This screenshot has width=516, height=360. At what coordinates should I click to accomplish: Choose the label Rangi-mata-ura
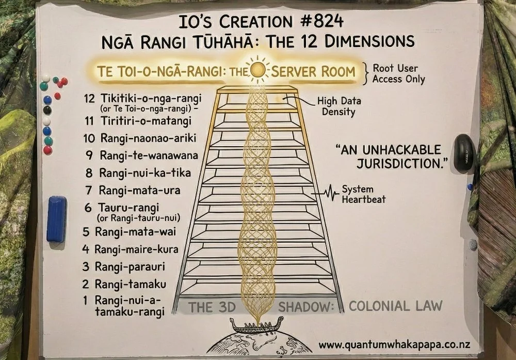coord(137,190)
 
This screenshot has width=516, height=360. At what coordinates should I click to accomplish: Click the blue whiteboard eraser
coord(56,219)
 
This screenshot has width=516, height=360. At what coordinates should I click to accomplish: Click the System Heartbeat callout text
coord(364,194)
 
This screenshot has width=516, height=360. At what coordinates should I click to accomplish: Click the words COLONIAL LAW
coord(396,305)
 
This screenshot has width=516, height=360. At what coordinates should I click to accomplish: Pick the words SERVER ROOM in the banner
coord(313,71)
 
